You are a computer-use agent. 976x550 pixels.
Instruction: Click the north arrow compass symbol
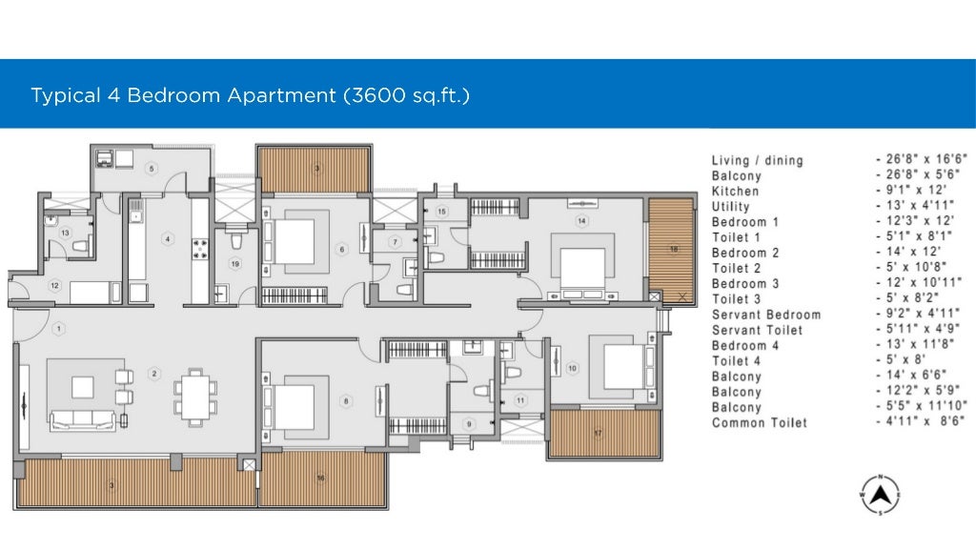coord(880,496)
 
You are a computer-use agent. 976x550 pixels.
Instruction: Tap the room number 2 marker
coord(154,374)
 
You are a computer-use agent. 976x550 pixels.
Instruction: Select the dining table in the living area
coord(195,397)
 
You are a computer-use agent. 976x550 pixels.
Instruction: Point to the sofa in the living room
coord(82,420)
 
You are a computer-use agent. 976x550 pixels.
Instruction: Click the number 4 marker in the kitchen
coord(168,239)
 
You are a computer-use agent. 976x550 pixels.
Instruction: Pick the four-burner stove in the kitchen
coord(200,248)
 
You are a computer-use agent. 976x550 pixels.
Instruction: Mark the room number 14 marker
coord(581,220)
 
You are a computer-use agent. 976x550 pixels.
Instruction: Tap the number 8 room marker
coord(346,401)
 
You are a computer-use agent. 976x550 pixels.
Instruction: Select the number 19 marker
coord(235,264)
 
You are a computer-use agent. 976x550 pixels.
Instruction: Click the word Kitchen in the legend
coord(735,192)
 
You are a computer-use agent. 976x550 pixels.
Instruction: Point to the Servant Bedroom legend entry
coord(766,315)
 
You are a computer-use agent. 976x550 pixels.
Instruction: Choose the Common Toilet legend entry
coord(760,423)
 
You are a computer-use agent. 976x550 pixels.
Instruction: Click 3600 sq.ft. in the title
coord(406,95)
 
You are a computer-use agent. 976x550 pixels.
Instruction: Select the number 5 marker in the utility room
coord(152,168)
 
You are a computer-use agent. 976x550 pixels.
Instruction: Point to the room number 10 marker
coord(572,368)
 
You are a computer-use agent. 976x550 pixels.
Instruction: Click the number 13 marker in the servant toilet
coord(66,233)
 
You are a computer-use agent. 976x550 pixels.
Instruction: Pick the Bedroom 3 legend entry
coord(745,284)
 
